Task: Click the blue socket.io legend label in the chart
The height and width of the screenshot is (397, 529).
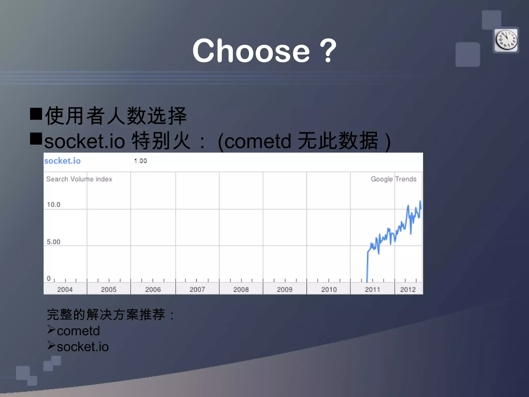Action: click(x=63, y=161)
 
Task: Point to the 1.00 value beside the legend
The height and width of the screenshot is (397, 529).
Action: click(x=141, y=161)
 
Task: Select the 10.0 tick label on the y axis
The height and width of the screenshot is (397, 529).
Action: click(x=53, y=205)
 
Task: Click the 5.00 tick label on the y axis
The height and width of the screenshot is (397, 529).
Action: click(x=53, y=242)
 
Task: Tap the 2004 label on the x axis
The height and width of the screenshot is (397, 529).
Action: click(x=65, y=289)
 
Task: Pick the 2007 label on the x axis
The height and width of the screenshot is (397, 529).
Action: click(x=197, y=289)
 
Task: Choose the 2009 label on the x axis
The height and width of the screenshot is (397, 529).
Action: click(x=285, y=289)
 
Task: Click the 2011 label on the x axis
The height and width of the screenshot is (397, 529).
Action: click(x=372, y=289)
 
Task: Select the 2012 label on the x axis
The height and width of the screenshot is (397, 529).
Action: click(x=408, y=289)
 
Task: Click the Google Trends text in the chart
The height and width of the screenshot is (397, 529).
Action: click(x=394, y=179)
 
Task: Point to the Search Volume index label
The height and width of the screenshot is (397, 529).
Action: click(x=79, y=179)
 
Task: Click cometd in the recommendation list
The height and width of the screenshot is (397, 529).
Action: click(x=78, y=331)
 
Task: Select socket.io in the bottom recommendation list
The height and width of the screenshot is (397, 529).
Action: click(x=83, y=347)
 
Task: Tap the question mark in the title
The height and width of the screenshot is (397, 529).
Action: click(x=328, y=51)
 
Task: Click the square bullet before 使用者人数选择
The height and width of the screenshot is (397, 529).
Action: click(x=36, y=114)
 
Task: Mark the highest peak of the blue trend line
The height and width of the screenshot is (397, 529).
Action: click(x=420, y=201)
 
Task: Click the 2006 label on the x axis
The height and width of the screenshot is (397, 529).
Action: click(x=153, y=289)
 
